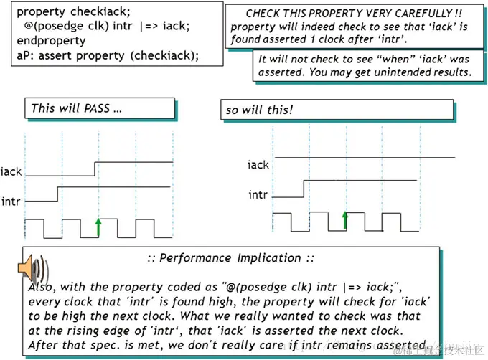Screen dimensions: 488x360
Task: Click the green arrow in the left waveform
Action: pos(99,227)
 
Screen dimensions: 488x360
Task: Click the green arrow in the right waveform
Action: pos(345,220)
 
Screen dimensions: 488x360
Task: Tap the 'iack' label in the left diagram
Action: pos(11,171)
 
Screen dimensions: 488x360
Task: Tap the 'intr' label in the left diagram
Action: pos(11,202)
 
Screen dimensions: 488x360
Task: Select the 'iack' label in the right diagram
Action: pos(258,164)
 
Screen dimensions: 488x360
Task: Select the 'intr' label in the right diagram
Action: pos(258,194)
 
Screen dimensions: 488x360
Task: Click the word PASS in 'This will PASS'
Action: pos(94,108)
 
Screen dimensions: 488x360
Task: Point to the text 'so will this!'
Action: pos(260,110)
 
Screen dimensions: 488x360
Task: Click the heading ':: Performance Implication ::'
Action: pos(230,257)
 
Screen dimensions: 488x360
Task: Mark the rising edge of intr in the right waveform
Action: pos(304,187)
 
